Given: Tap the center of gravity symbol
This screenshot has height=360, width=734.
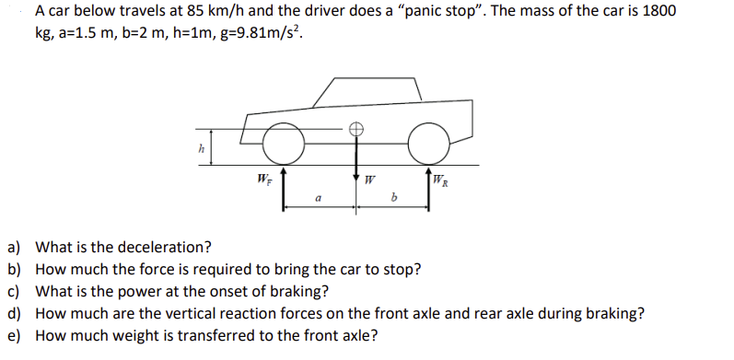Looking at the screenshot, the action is (356, 128).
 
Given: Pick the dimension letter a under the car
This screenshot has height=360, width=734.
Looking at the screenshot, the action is (318, 199).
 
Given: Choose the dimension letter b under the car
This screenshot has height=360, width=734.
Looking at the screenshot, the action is (393, 198).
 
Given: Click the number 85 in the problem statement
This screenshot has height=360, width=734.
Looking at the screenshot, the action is (195, 11).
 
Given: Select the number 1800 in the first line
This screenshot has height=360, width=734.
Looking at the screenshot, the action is (659, 11).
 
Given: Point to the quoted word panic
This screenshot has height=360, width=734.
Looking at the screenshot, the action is (425, 12).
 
